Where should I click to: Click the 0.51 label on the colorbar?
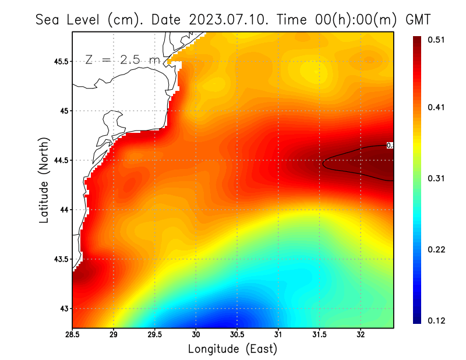[x=437, y=40]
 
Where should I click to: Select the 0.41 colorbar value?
[x=437, y=107]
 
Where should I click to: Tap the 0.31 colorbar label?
[x=437, y=178]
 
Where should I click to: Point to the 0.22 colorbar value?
[x=437, y=249]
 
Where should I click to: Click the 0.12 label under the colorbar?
[x=437, y=320]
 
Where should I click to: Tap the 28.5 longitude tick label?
[x=73, y=334]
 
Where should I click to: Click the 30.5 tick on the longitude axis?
[x=237, y=334]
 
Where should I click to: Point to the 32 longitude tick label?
[x=361, y=334]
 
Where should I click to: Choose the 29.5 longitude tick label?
[x=155, y=334]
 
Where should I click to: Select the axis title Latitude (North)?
[x=44, y=180]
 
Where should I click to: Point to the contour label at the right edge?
[x=390, y=146]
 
